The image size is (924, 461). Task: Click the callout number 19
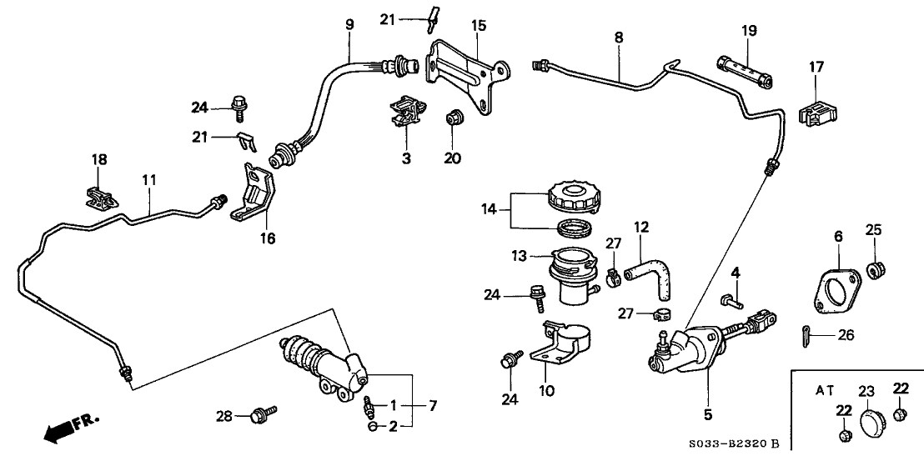pos(748,32)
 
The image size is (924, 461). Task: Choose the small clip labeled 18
pos(98,197)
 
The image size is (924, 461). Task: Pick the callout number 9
pos(349,26)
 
